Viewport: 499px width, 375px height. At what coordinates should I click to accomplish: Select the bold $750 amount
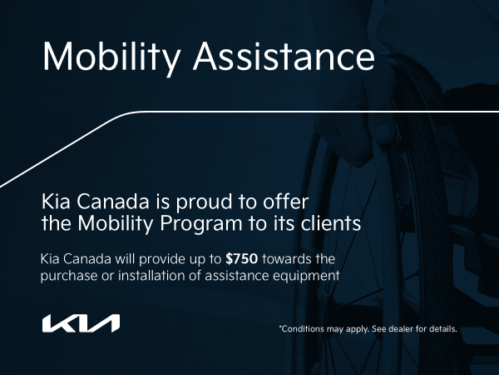[x=242, y=258]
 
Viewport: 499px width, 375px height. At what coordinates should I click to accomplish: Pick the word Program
[x=178, y=224]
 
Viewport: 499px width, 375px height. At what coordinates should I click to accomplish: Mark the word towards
[x=294, y=258]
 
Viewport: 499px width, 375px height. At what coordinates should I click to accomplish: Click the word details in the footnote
[x=441, y=329]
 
